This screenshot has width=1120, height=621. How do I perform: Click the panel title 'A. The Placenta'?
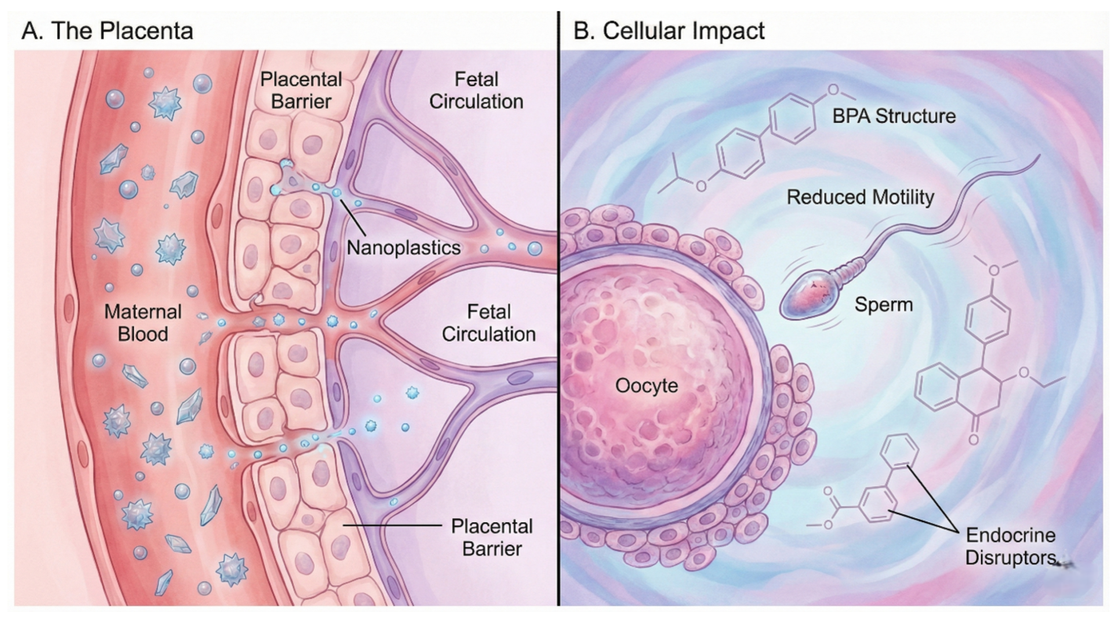point(107,31)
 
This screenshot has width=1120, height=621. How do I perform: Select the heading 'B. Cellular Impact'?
point(669,31)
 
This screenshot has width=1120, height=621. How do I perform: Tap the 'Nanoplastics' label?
point(404,248)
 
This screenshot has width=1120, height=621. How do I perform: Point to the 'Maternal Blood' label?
point(143,323)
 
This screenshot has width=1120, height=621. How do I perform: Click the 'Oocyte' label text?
point(647,386)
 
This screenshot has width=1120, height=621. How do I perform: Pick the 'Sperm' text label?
point(884,305)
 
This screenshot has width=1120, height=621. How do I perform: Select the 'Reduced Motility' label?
point(860,197)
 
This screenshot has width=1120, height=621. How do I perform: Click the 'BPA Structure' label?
point(894,116)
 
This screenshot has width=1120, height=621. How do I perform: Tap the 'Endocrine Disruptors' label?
point(1010,547)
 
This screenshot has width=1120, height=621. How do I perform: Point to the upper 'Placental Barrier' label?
point(301,91)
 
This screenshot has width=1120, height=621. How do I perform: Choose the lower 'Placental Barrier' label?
point(492,537)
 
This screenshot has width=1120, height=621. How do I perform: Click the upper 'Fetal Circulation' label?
point(476,91)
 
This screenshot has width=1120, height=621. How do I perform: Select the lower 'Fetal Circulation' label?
point(489,323)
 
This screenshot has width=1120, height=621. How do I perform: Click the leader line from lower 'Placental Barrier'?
point(393,525)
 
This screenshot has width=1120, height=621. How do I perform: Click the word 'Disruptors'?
point(1010,558)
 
